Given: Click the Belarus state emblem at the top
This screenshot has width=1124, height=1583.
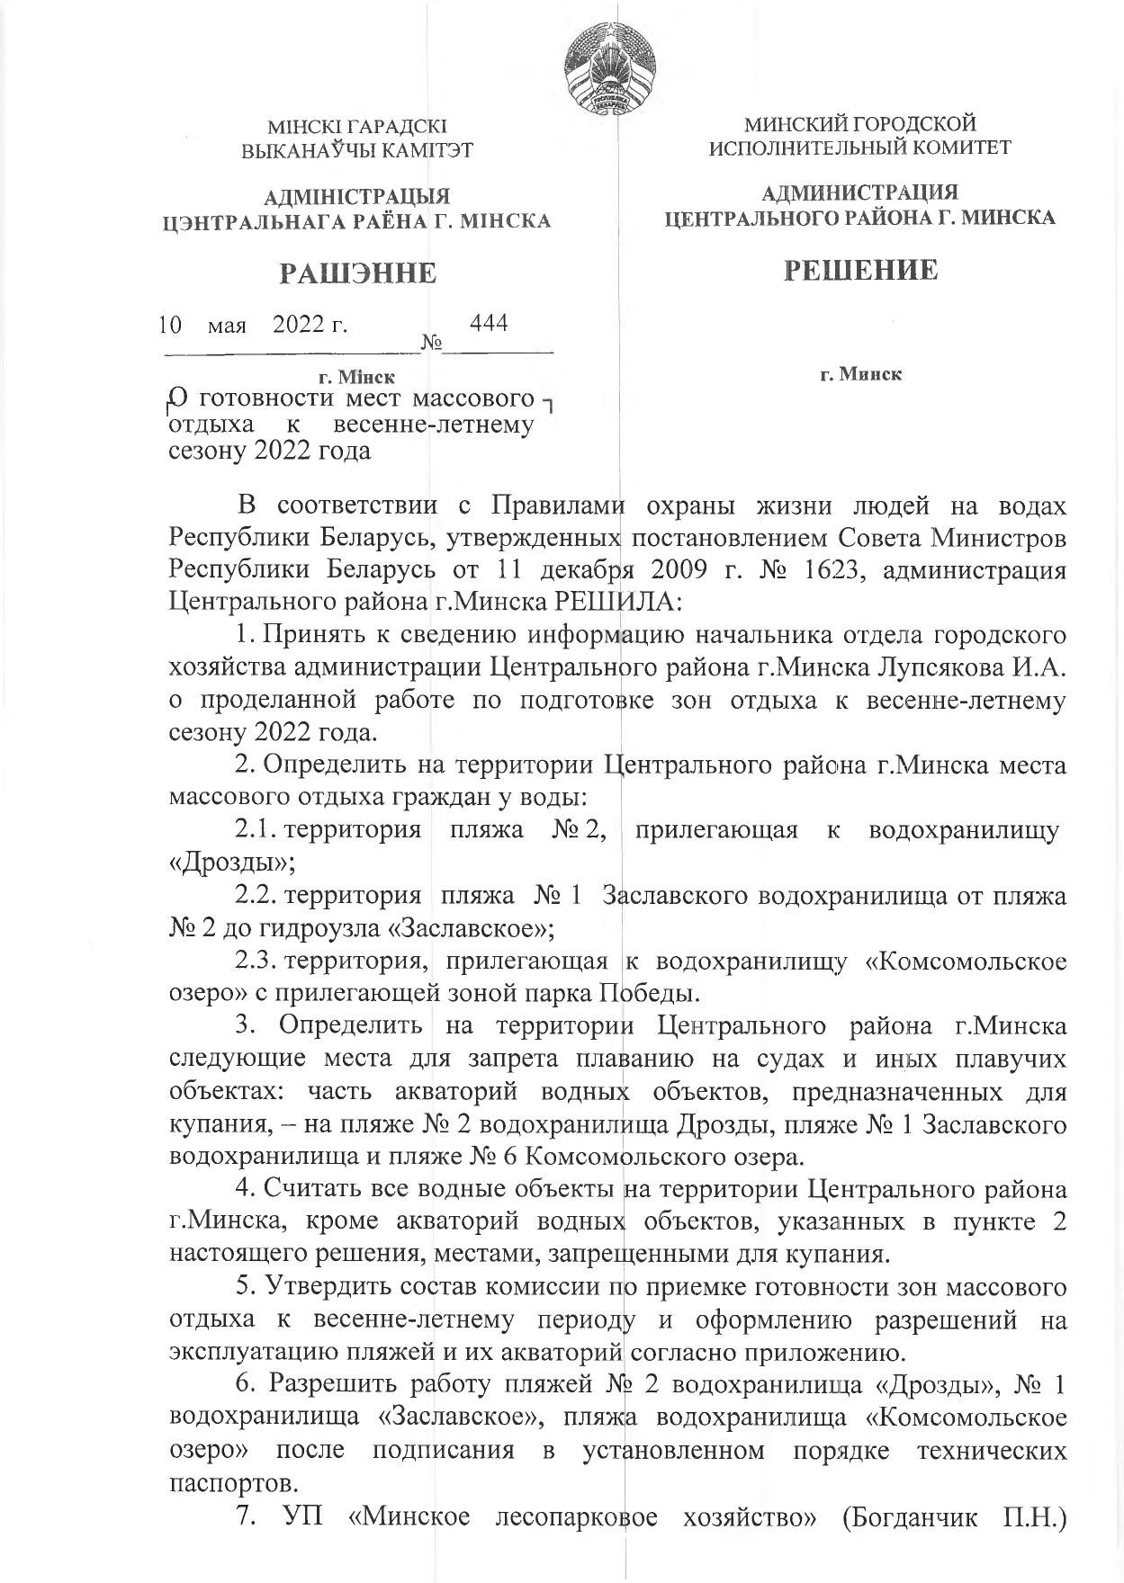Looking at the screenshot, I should tap(608, 77).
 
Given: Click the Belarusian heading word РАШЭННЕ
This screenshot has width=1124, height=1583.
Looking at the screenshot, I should tap(357, 273).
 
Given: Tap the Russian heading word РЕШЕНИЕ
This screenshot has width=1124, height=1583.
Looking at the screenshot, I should tap(860, 270).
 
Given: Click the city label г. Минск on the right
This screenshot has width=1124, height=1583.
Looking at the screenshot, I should tap(860, 373).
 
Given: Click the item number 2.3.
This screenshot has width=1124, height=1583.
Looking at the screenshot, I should tap(256, 961).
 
